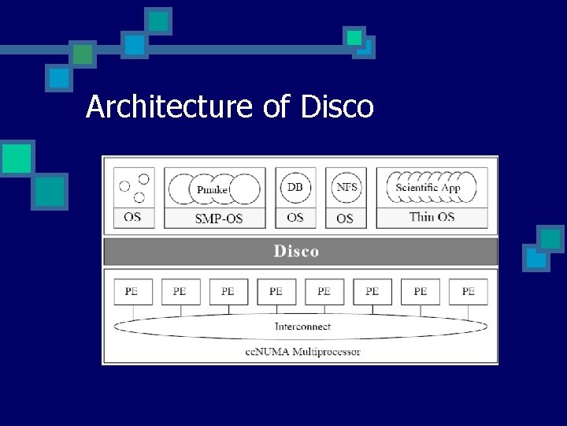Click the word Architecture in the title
170,106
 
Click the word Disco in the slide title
336,106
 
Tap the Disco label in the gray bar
296,252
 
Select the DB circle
295,187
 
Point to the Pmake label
213,189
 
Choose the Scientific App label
428,188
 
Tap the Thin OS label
432,217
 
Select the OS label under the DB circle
295,217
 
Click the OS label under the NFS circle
345,218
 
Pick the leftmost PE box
132,291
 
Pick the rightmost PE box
469,291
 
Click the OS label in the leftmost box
132,216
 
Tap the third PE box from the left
228,291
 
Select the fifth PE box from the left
324,291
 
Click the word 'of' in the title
277,106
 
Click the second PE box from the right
421,291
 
